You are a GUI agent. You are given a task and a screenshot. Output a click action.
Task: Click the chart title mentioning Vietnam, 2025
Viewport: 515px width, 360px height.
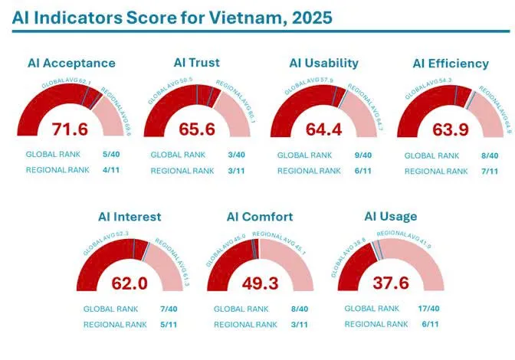[x=172, y=16]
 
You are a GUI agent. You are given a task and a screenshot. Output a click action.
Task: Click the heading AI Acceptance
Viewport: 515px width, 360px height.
[x=71, y=64]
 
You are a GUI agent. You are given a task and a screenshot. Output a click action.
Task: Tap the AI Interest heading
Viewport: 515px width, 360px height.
[x=130, y=217]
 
